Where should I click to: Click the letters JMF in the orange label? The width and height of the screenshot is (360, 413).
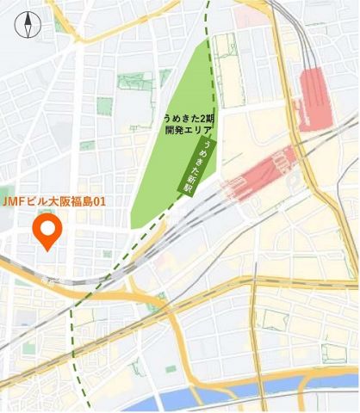point(13,201)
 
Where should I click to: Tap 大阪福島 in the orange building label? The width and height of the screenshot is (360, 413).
point(67,201)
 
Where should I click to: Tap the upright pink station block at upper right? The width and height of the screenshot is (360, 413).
point(315,100)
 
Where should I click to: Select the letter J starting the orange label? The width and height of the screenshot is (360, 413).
point(6,201)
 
